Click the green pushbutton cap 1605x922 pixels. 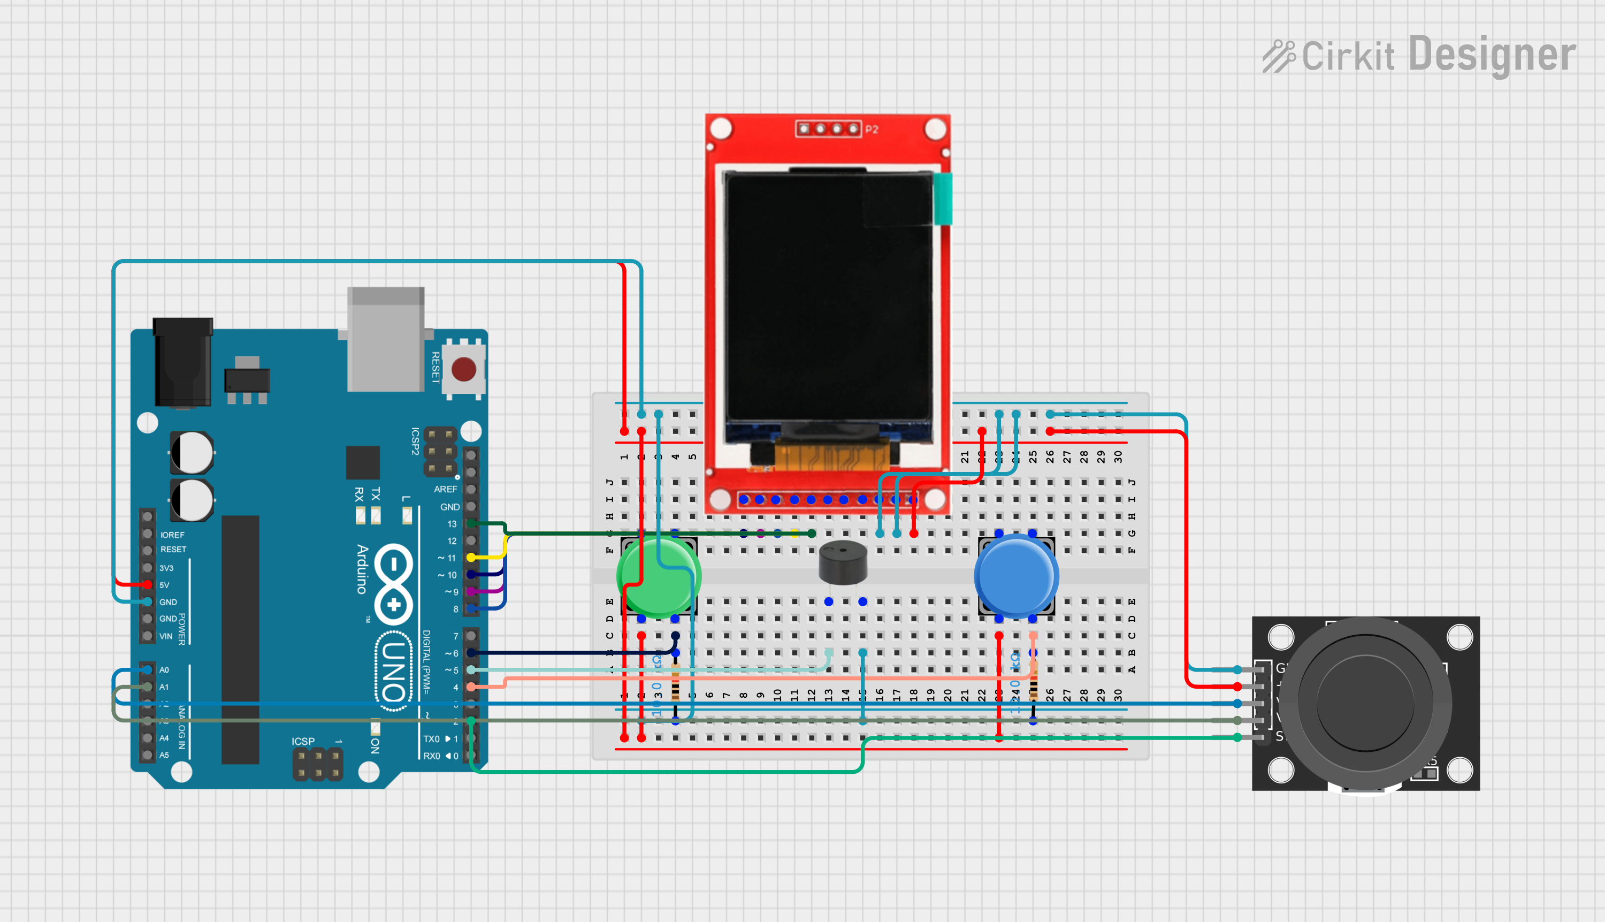(658, 576)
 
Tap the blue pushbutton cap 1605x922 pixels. (1015, 576)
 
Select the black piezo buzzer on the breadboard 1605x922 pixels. (843, 562)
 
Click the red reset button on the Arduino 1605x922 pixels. (463, 369)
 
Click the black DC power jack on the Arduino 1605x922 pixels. (183, 362)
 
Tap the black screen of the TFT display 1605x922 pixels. (828, 298)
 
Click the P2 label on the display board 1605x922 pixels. (872, 129)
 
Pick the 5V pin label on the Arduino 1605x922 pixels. (165, 585)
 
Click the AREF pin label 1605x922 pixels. (445, 490)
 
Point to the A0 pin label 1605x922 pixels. (165, 670)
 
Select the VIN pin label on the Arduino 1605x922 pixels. (165, 636)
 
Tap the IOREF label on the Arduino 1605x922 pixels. (172, 535)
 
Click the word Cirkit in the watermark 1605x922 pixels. (1348, 56)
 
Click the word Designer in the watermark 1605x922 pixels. (1492, 55)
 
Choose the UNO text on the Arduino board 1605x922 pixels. (394, 671)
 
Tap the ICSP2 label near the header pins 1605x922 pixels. (415, 441)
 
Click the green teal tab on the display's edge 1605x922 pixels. (943, 199)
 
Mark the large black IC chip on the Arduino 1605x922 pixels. (240, 639)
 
